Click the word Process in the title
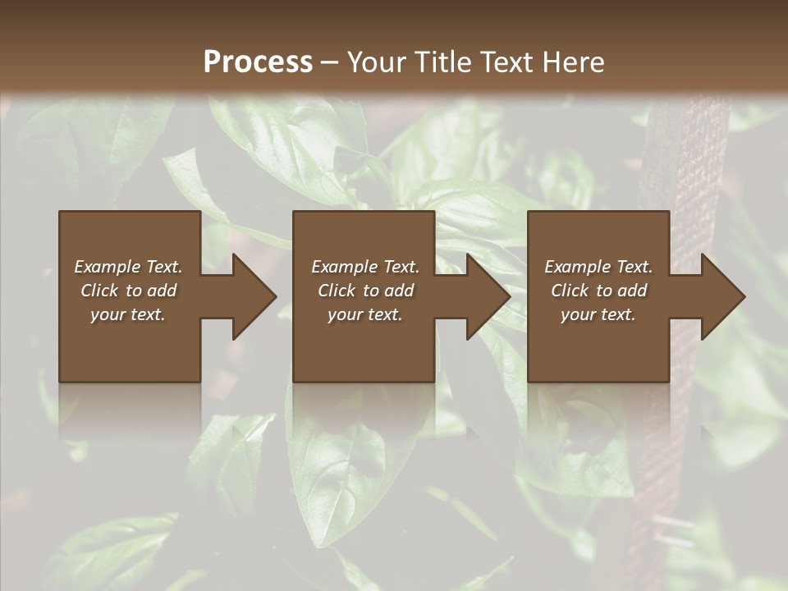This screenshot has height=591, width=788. (x=258, y=62)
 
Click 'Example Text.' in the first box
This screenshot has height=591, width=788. (x=128, y=267)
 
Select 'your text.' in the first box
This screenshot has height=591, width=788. (x=128, y=314)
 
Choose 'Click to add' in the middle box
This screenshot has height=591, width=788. (x=365, y=291)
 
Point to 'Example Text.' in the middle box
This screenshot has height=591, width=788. (x=365, y=267)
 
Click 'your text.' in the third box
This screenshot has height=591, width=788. (x=598, y=314)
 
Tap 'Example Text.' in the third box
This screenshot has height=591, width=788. (x=598, y=267)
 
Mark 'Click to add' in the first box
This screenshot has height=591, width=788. (x=128, y=291)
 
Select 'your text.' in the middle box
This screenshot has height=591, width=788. (x=365, y=314)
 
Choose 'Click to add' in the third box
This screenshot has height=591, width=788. (x=598, y=291)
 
